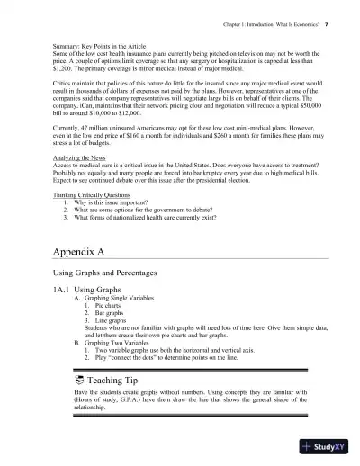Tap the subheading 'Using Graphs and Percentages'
[100, 273]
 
